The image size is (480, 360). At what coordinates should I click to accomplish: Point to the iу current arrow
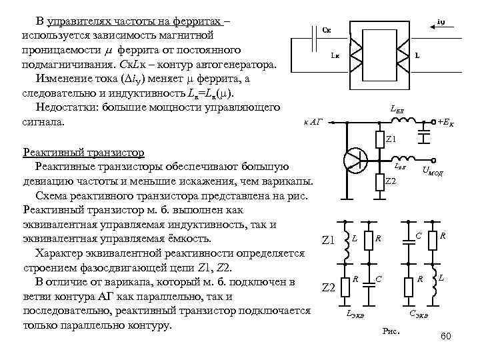(440, 28)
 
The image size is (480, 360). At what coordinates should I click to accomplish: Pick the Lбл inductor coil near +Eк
(404, 121)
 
